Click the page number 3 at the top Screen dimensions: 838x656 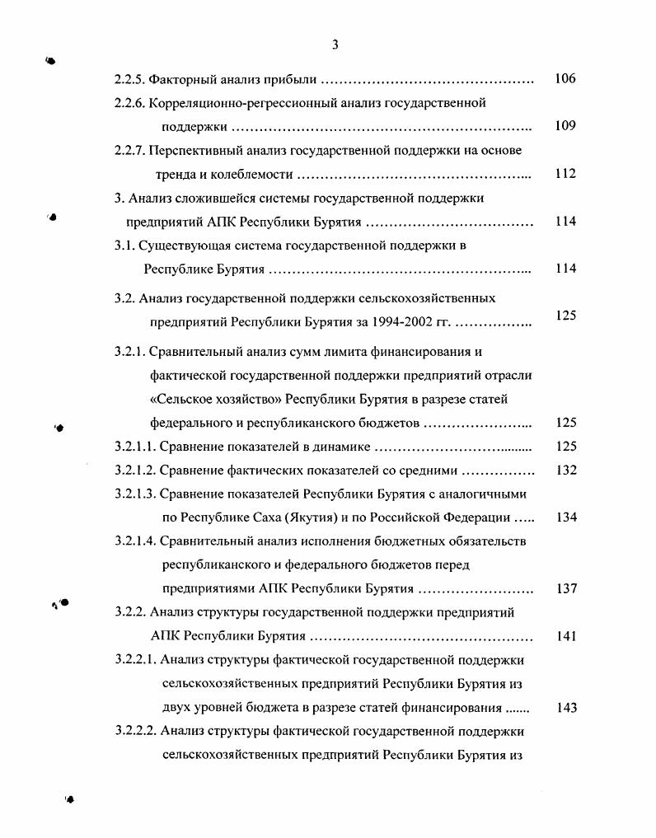tap(335, 44)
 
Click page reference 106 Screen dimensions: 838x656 tap(565, 80)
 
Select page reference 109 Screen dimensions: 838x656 tap(565, 127)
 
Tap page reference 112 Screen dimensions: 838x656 tap(565, 174)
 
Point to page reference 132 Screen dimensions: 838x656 tap(566, 470)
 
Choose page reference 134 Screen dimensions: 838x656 tap(566, 517)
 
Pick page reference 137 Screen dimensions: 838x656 tap(566, 589)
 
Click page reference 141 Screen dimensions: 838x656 tap(566, 636)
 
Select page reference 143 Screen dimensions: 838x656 tap(566, 708)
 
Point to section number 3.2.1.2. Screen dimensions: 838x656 tap(134, 470)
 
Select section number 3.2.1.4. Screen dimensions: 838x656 tap(134, 541)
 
